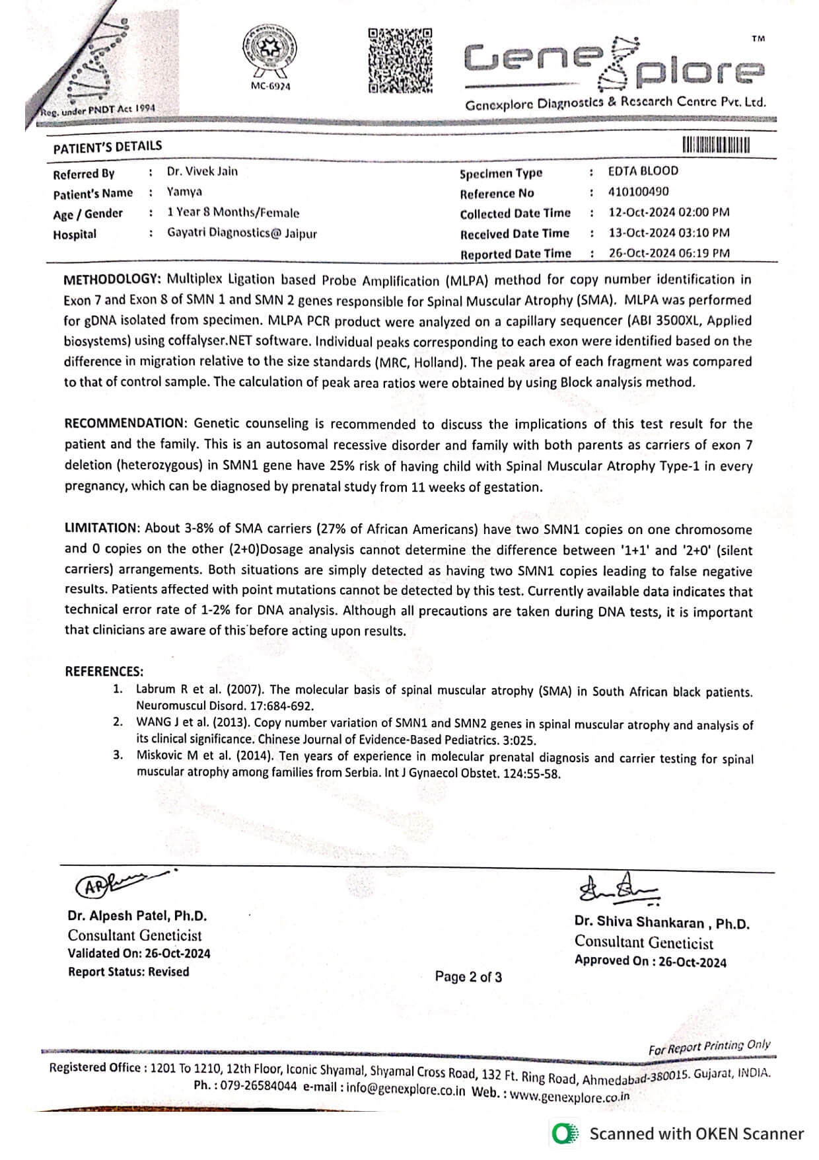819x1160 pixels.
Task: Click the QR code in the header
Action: tap(400, 60)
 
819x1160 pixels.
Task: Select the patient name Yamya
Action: tap(184, 192)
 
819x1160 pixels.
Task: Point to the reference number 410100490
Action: tap(638, 192)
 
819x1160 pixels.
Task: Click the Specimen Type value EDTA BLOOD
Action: tap(643, 171)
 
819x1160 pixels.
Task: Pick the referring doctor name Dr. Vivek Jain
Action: tap(202, 172)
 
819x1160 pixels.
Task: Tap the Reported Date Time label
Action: tap(515, 254)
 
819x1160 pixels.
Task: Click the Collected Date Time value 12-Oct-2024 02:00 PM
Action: tap(668, 212)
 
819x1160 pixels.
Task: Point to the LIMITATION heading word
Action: tap(102, 527)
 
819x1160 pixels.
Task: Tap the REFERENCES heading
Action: tap(104, 672)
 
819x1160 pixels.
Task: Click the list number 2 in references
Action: tap(118, 722)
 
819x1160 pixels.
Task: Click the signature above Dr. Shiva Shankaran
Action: tap(618, 892)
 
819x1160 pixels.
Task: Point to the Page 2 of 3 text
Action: tap(468, 977)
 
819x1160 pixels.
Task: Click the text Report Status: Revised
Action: tap(128, 972)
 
